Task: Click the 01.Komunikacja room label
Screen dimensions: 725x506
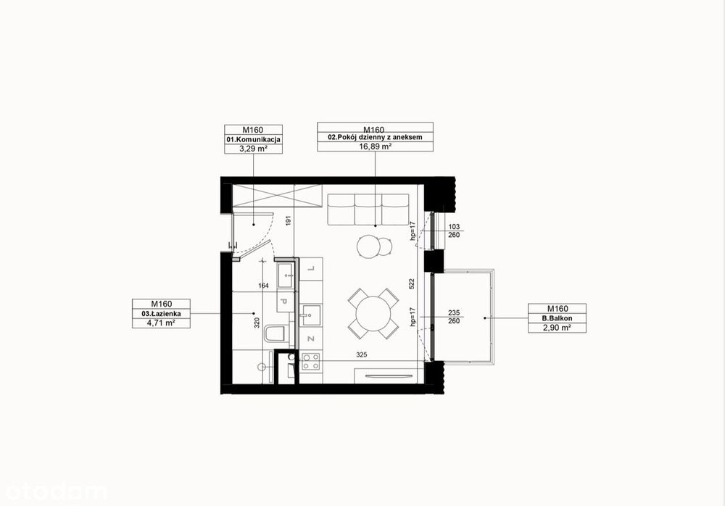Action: [253, 139]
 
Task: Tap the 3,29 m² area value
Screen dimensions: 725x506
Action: [253, 149]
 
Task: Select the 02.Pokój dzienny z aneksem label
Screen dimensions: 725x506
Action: [375, 137]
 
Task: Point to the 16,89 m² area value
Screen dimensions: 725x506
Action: [376, 146]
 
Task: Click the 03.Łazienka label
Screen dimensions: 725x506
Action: [162, 314]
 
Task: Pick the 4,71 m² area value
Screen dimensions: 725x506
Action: [161, 323]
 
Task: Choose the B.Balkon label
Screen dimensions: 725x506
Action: [557, 318]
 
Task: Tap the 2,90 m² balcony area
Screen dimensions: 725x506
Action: [557, 328]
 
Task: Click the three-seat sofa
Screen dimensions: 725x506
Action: [368, 210]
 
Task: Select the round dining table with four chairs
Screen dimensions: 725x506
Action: [373, 313]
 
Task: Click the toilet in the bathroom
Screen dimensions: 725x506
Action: [276, 334]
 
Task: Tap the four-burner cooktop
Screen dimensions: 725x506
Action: [310, 361]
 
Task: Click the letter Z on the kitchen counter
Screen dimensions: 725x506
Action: [311, 339]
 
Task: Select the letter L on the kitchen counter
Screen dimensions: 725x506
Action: [311, 268]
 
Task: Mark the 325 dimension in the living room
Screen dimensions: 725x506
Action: [362, 355]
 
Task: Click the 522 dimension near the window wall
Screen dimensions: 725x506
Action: [412, 283]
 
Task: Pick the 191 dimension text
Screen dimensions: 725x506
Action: [289, 220]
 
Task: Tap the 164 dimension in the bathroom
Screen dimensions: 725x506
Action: [263, 286]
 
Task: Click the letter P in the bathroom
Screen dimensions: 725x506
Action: [284, 302]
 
